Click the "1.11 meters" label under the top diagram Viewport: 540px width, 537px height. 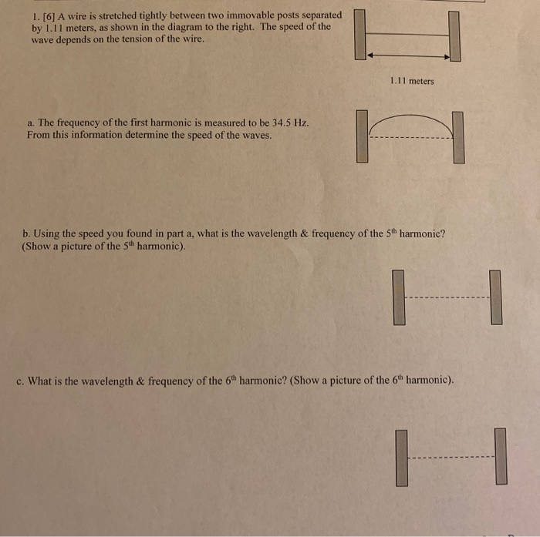point(412,81)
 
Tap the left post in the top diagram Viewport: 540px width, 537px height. point(360,35)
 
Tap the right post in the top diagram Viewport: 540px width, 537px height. point(454,36)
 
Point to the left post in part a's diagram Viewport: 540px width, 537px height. point(362,137)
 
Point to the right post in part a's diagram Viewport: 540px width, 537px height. point(458,137)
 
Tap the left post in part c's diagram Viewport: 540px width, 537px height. point(401,458)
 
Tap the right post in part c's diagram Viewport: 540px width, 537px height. point(501,456)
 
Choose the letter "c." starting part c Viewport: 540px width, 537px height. point(19,381)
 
